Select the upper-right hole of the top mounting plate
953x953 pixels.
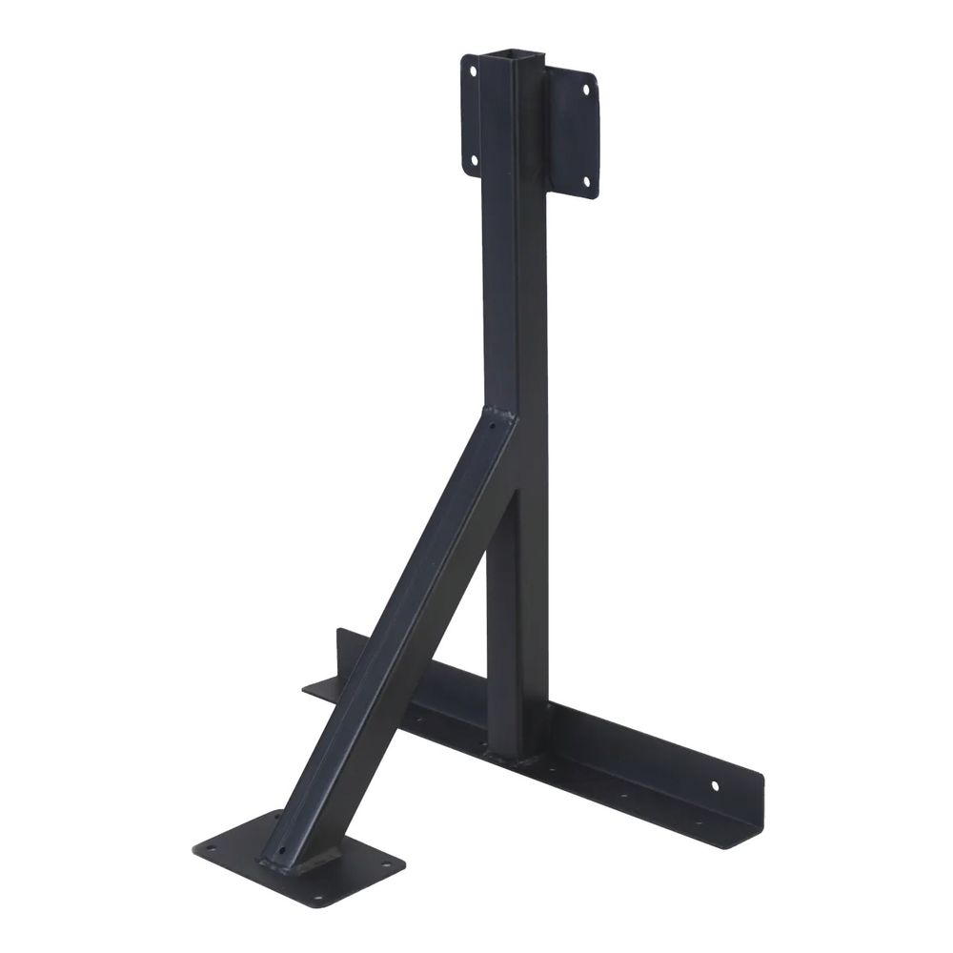585,90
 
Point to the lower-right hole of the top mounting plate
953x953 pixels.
587,181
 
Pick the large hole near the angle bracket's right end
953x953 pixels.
715,786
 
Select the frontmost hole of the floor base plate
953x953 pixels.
319,898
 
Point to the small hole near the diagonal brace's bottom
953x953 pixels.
280,851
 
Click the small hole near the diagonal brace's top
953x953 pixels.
493,428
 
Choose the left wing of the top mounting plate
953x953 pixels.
471,114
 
